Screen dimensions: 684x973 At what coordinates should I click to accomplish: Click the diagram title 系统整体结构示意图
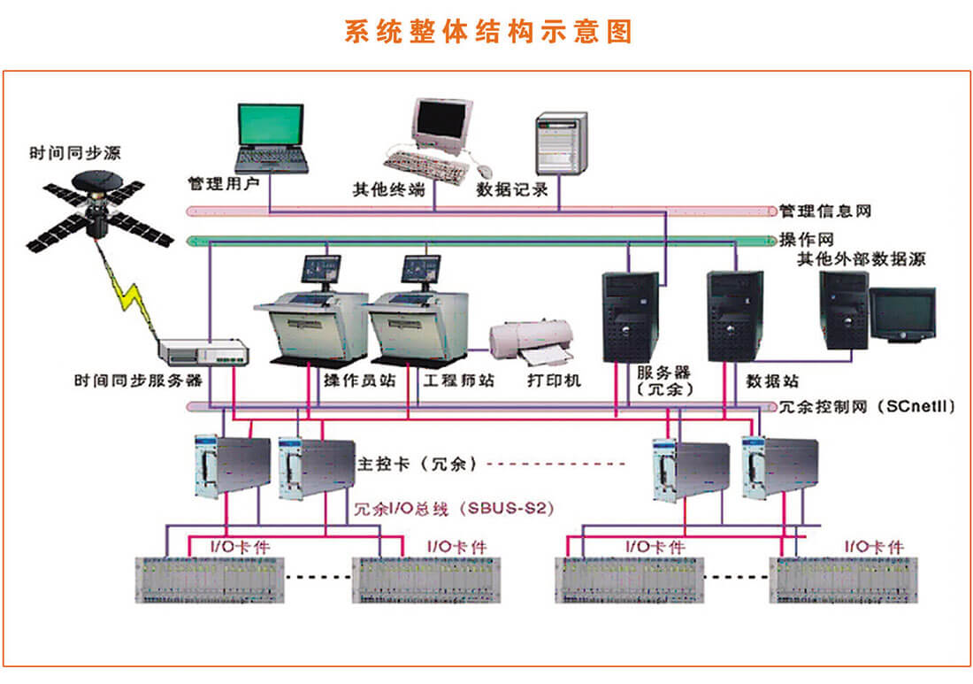[487, 32]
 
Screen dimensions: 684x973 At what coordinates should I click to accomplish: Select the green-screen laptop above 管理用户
[271, 137]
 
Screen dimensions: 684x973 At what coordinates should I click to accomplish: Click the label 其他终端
[389, 189]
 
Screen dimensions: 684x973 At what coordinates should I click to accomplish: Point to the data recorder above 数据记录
[561, 143]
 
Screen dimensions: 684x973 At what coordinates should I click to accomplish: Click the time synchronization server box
[203, 353]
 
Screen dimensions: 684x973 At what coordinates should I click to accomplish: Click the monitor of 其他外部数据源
[902, 313]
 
